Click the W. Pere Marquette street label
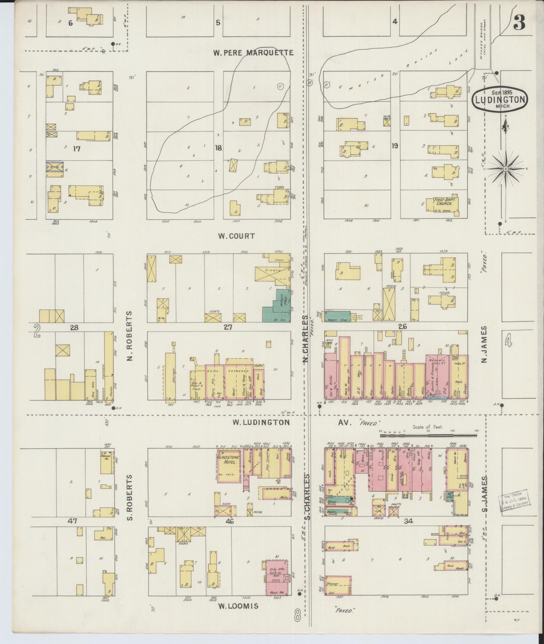pyautogui.click(x=254, y=52)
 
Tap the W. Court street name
pyautogui.click(x=236, y=236)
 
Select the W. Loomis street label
pyautogui.click(x=238, y=606)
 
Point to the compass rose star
pyautogui.click(x=506, y=169)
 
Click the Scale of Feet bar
pyautogui.click(x=429, y=435)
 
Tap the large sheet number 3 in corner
pyautogui.click(x=520, y=22)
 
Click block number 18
pyautogui.click(x=218, y=147)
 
